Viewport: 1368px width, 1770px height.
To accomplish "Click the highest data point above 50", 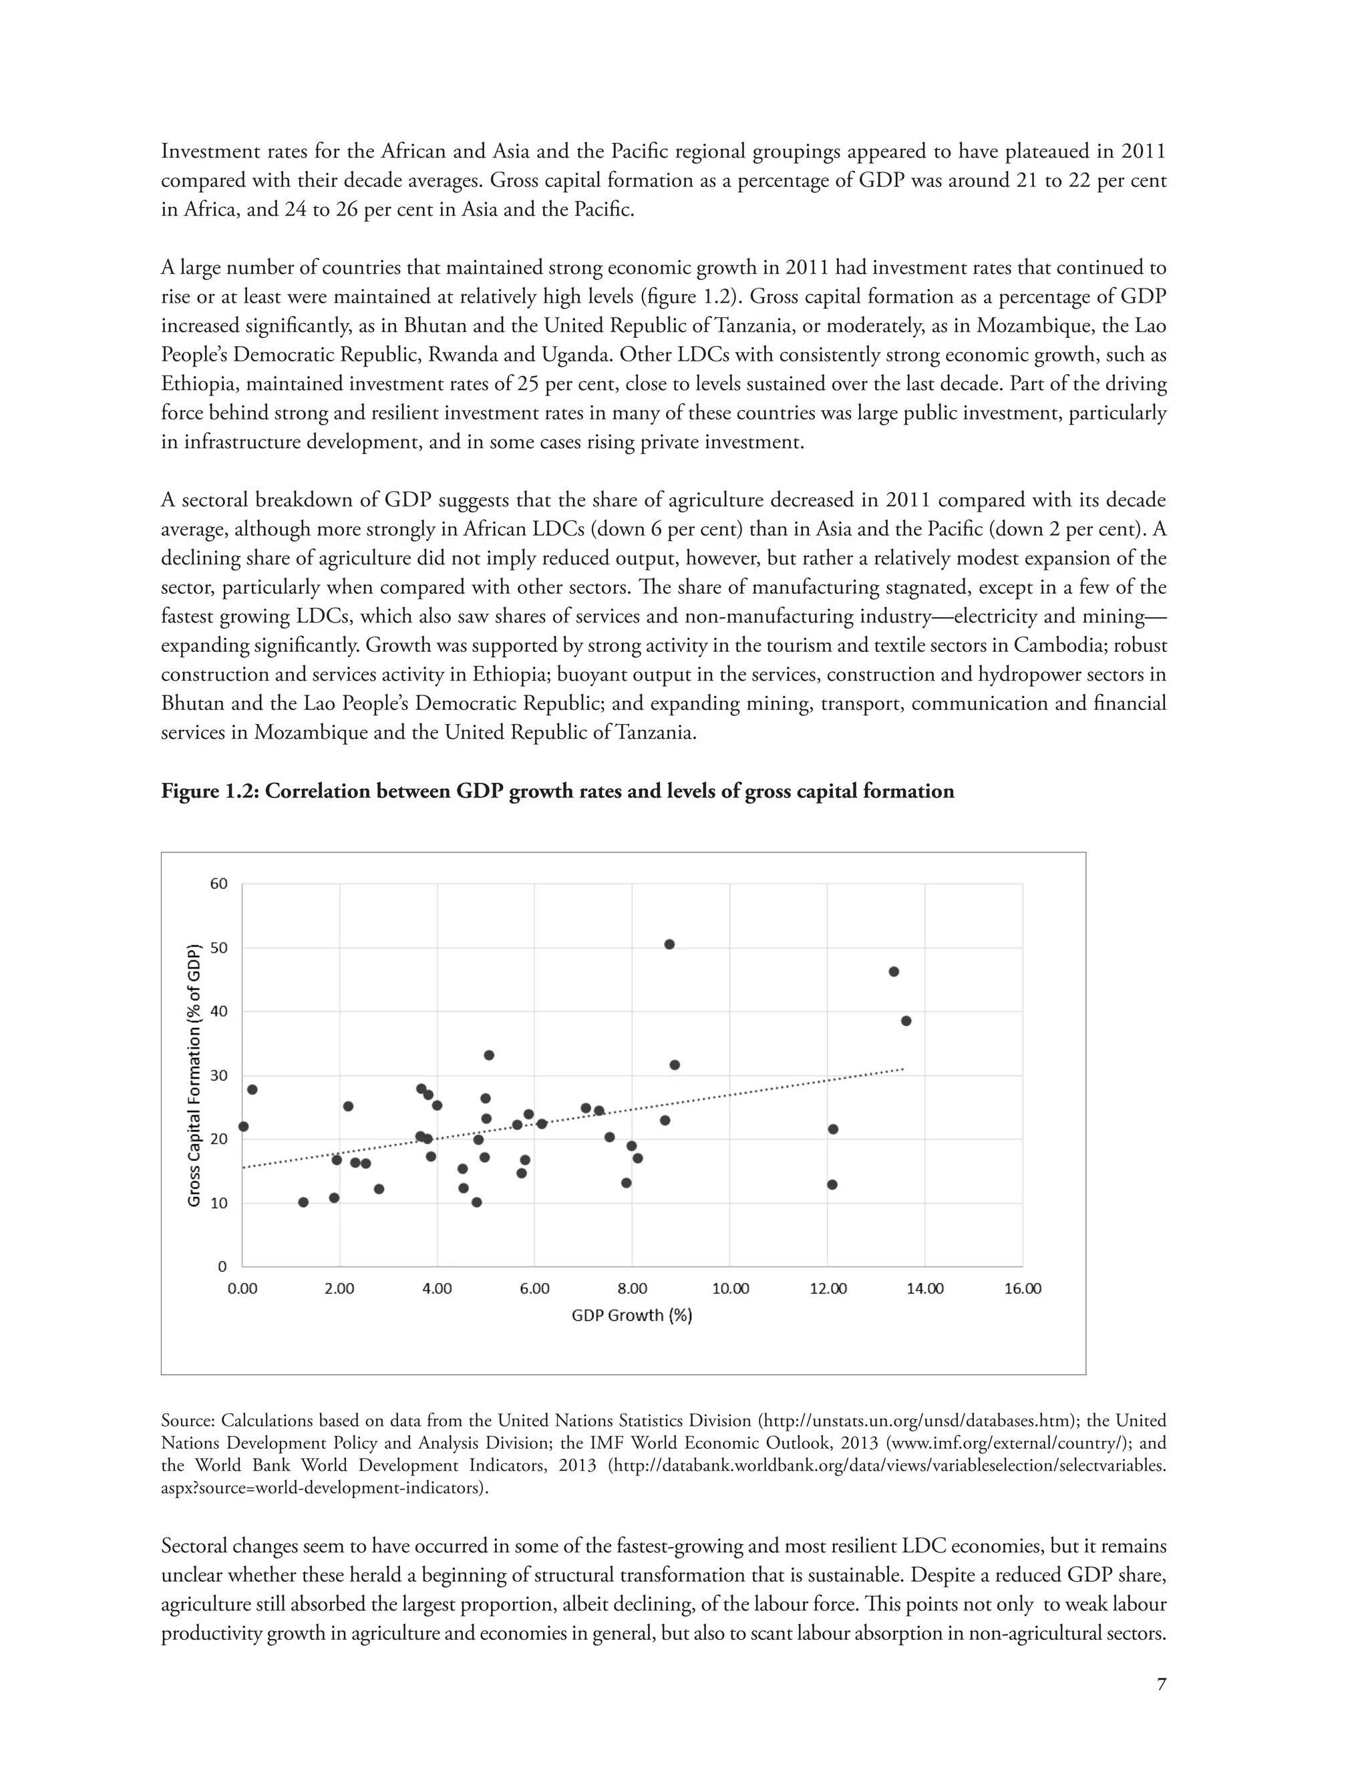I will pos(669,944).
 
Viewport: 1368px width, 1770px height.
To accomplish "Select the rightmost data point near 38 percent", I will pos(906,1021).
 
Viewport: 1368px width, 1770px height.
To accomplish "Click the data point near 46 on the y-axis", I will pos(894,971).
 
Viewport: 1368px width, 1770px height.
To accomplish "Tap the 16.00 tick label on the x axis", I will pos(1022,1289).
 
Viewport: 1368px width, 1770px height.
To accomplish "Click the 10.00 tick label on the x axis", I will pos(729,1289).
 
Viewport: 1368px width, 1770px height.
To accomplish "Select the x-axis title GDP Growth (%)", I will pos(632,1315).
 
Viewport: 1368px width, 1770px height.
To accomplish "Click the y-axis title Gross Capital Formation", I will pos(194,1075).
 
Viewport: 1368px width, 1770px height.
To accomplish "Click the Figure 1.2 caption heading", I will pos(558,791).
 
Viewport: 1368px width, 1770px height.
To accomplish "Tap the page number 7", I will pos(1162,1684).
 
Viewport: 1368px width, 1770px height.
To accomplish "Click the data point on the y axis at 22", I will pos(243,1127).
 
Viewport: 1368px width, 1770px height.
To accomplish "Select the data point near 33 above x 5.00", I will pos(489,1055).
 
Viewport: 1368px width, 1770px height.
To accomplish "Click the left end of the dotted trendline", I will pos(244,1167).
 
